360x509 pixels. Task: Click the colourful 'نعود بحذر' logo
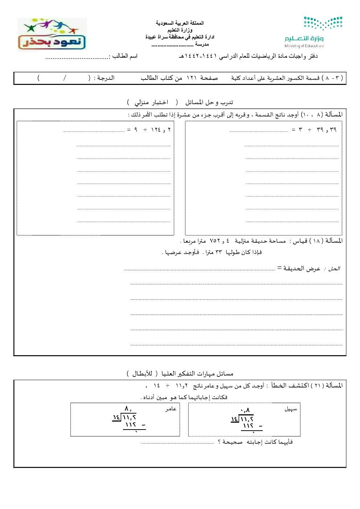point(52,34)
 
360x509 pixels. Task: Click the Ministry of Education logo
point(314,32)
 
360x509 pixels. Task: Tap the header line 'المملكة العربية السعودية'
point(180,23)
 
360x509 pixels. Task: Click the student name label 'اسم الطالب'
point(125,56)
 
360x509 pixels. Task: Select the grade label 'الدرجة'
point(106,78)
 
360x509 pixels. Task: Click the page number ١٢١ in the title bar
point(191,78)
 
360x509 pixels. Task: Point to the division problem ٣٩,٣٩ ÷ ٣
point(314,130)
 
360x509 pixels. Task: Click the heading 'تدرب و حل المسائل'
point(209,102)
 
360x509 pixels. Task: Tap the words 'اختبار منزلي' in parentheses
point(151,102)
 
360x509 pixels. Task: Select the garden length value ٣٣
point(218,252)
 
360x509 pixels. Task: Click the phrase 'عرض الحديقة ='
point(299,268)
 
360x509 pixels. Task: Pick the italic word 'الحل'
point(334,268)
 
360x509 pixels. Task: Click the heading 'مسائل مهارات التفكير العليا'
point(197,373)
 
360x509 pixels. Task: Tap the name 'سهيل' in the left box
point(291,409)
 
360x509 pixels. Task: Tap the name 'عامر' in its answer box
point(171,409)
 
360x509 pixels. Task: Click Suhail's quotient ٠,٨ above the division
point(245,410)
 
